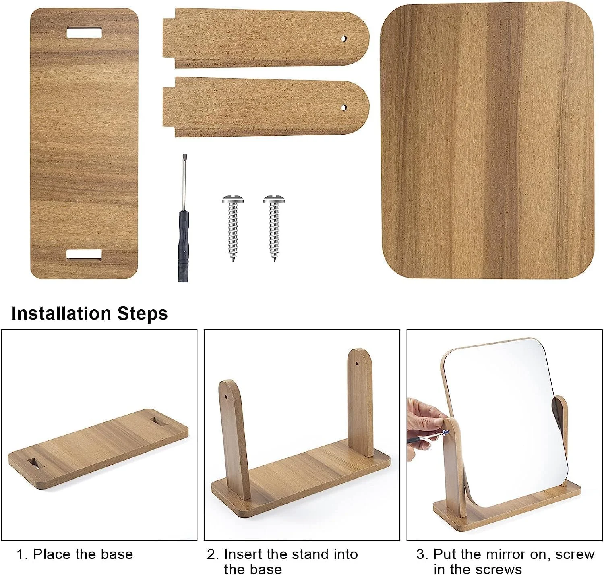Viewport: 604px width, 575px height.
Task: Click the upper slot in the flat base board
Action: pos(84,33)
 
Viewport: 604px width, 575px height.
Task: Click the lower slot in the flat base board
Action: pos(84,254)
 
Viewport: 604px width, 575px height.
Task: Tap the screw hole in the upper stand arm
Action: pos(344,39)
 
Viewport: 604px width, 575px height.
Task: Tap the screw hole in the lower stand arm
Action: pos(344,108)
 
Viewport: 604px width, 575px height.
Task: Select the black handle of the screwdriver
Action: pos(183,246)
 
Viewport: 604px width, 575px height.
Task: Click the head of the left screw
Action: pos(233,199)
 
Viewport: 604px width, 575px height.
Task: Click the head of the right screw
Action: pos(274,199)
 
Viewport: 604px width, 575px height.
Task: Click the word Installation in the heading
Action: pos(62,313)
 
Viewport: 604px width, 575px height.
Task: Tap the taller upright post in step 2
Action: pos(360,403)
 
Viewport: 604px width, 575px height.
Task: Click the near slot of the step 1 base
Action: pos(36,463)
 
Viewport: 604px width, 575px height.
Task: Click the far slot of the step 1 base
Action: pos(159,421)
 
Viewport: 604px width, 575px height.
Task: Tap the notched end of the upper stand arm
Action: pos(169,38)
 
